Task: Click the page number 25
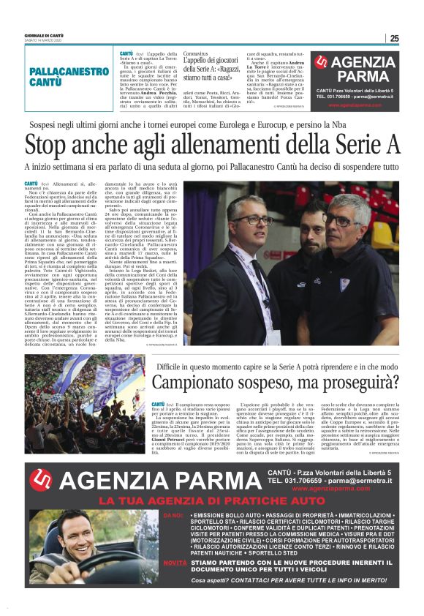(x=394, y=39)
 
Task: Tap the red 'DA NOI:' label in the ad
(x=173, y=516)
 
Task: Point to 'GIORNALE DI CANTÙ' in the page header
(x=43, y=36)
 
